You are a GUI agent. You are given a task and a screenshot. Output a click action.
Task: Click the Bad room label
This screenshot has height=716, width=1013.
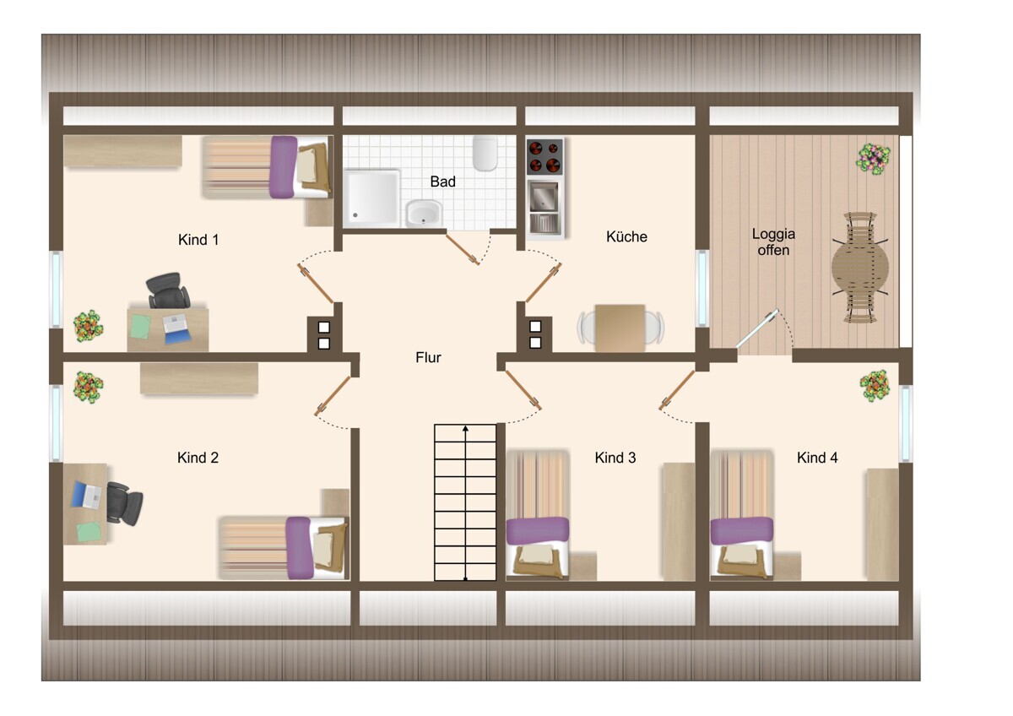[442, 182]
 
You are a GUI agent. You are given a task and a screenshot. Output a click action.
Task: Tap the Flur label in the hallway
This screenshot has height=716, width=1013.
[428, 357]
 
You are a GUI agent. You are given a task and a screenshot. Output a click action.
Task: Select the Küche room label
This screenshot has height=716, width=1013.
[626, 236]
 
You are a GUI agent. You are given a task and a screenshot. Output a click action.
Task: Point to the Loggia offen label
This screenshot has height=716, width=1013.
[773, 242]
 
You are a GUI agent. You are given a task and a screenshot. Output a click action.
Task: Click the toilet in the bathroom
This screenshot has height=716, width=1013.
[485, 154]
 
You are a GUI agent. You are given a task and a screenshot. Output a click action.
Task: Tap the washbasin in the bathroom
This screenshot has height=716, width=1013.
[424, 214]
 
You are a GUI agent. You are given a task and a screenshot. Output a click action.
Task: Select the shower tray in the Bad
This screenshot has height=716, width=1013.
[371, 198]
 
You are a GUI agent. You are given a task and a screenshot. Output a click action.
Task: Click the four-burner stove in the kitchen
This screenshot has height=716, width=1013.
[544, 156]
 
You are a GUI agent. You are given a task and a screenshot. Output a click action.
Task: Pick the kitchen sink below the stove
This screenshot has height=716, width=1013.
[544, 206]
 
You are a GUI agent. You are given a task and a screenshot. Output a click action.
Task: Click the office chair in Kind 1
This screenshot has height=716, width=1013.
[167, 290]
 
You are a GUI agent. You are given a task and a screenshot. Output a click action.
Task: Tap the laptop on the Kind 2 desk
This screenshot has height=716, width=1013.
[86, 495]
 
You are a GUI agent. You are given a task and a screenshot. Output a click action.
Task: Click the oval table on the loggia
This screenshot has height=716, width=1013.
[860, 268]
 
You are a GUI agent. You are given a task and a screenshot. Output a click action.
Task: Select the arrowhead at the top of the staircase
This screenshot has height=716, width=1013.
[465, 428]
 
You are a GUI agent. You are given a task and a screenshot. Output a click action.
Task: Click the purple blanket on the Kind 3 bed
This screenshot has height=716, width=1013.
[537, 531]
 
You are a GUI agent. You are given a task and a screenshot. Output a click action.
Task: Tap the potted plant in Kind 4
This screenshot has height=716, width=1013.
[875, 386]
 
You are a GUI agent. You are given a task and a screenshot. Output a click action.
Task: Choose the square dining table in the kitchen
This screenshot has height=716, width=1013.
[620, 328]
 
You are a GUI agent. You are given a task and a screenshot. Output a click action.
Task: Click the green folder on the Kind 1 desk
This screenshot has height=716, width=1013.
[141, 327]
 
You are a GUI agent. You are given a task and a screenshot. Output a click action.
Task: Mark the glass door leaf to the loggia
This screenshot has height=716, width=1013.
[757, 328]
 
